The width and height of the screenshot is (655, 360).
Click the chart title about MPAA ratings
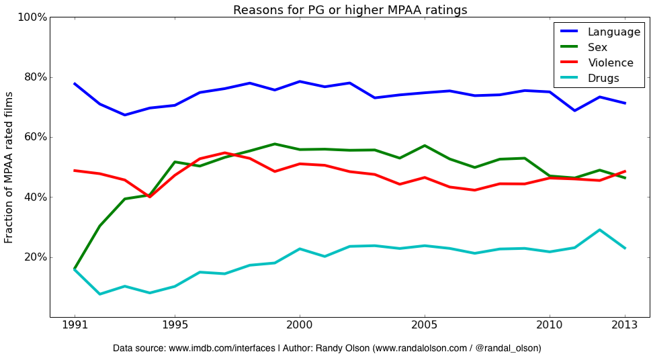click(350, 9)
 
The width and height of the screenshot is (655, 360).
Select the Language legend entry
click(613, 32)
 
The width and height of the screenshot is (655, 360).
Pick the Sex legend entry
click(597, 47)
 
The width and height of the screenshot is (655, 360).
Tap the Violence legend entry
click(610, 62)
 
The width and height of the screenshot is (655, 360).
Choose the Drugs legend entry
click(603, 78)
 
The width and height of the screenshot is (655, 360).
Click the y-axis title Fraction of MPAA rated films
click(9, 167)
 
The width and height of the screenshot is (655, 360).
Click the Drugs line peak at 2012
click(600, 230)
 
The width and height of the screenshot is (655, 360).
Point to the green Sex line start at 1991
click(75, 268)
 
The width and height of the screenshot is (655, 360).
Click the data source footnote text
click(327, 348)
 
